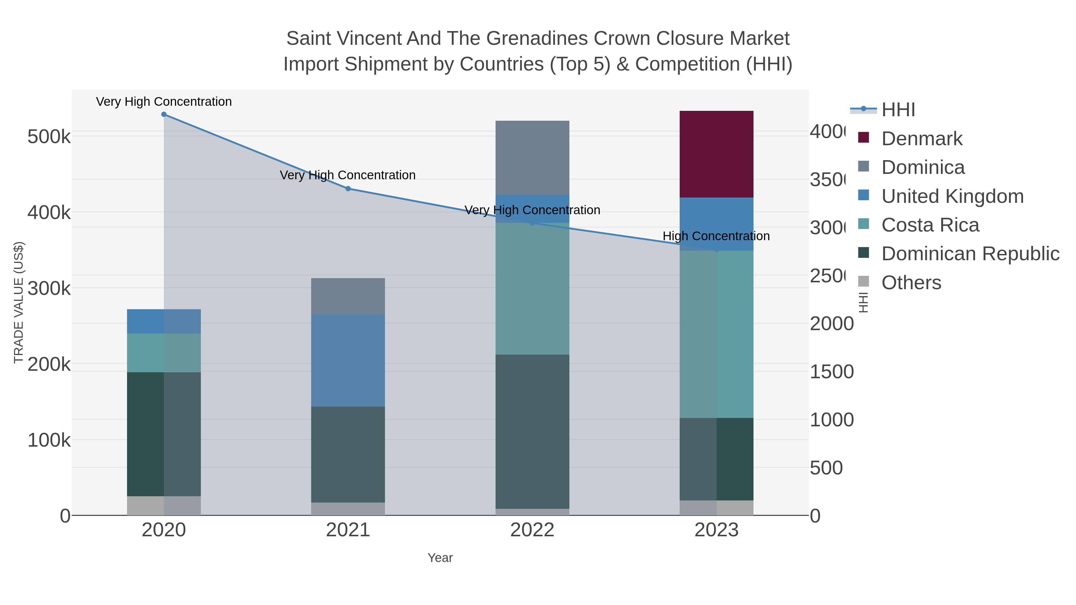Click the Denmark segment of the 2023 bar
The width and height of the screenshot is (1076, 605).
[716, 154]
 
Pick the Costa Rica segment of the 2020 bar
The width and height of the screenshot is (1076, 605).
[164, 353]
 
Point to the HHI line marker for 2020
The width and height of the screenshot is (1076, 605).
[164, 114]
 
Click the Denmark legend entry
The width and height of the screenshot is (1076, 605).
[921, 139]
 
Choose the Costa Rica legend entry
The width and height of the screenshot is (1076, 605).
[930, 225]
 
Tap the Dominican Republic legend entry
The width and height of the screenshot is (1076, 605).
[970, 254]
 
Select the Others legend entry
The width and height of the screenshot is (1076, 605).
[911, 283]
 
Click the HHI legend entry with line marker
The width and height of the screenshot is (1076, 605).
[898, 110]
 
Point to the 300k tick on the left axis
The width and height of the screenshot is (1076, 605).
[49, 288]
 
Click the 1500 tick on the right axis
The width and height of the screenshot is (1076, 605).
[832, 372]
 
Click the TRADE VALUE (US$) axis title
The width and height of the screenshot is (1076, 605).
[19, 302]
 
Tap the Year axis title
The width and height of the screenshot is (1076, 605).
[440, 558]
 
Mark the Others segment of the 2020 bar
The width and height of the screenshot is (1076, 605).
[164, 506]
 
